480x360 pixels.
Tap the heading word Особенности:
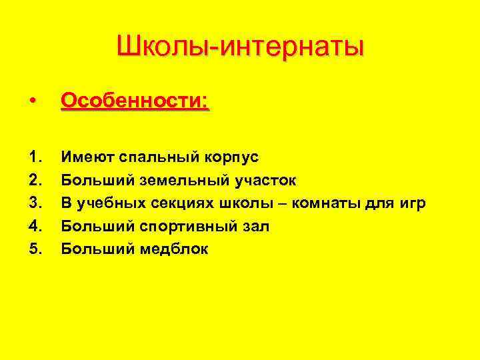point(135,101)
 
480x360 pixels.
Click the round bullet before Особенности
point(33,102)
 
